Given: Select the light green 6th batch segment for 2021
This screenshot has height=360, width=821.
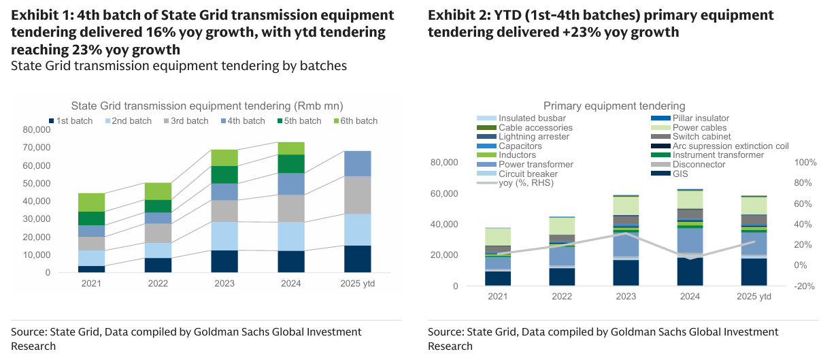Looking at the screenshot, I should [x=91, y=202].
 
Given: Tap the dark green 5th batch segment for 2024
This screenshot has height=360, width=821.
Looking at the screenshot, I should [x=291, y=164].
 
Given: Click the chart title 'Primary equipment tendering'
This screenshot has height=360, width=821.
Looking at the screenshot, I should [x=614, y=105].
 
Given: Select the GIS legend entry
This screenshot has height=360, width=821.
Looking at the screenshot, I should [x=681, y=174].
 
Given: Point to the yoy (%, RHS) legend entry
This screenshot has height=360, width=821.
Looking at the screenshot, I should [x=526, y=182].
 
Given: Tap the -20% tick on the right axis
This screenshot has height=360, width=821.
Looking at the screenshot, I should [x=804, y=287].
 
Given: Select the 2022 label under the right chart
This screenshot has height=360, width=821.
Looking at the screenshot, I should [x=562, y=297].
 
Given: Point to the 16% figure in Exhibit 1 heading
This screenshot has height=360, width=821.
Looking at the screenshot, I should [x=200, y=32].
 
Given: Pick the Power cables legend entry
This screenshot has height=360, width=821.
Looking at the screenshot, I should [x=699, y=127].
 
